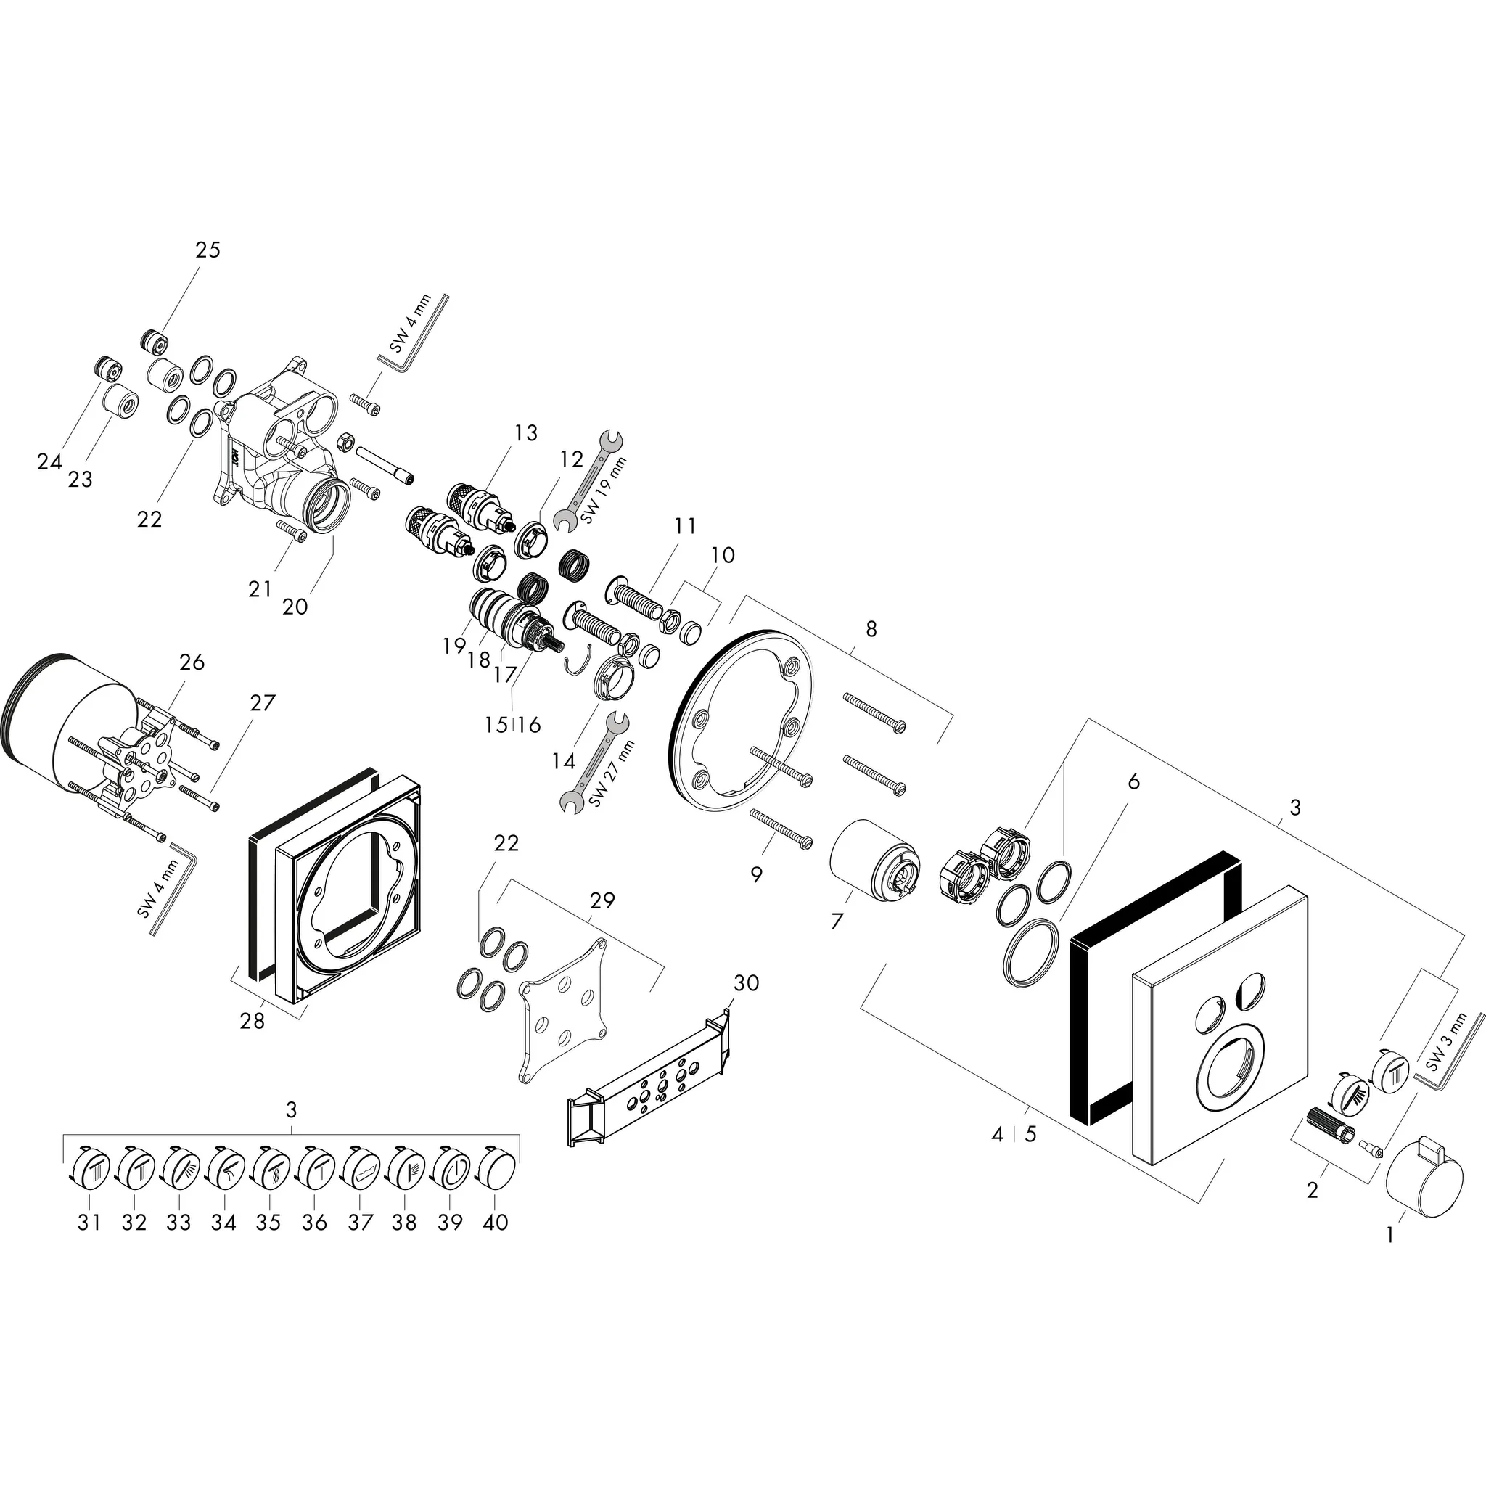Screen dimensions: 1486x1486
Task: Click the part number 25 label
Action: pyautogui.click(x=208, y=250)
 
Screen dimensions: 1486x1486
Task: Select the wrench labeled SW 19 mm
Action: pyautogui.click(x=592, y=482)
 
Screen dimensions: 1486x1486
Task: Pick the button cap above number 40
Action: pyautogui.click(x=498, y=1169)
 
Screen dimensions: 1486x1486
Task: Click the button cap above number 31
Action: pyautogui.click(x=89, y=1169)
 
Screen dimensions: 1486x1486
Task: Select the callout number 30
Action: pyautogui.click(x=745, y=983)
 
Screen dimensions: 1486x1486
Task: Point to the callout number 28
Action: pyautogui.click(x=253, y=1022)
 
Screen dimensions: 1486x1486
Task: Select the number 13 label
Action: pyautogui.click(x=526, y=433)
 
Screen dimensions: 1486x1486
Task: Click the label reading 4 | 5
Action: pyautogui.click(x=1014, y=1135)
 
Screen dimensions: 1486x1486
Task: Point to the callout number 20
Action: pyautogui.click(x=295, y=607)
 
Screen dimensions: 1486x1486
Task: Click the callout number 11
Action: pyautogui.click(x=685, y=526)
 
